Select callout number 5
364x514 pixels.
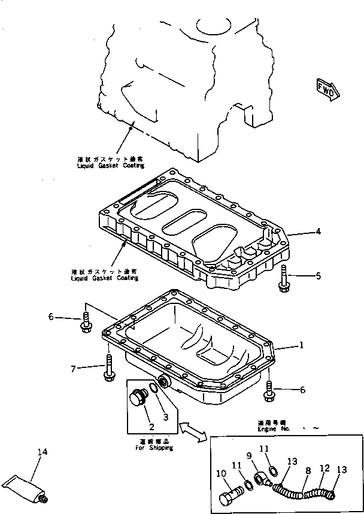[x=318, y=276]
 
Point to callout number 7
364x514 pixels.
[x=73, y=369]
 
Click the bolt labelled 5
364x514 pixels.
[x=284, y=279]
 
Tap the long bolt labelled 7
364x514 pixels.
[x=108, y=367]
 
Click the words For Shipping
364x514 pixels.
[x=154, y=448]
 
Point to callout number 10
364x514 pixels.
[x=221, y=474]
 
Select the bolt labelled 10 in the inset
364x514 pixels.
[x=230, y=498]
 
